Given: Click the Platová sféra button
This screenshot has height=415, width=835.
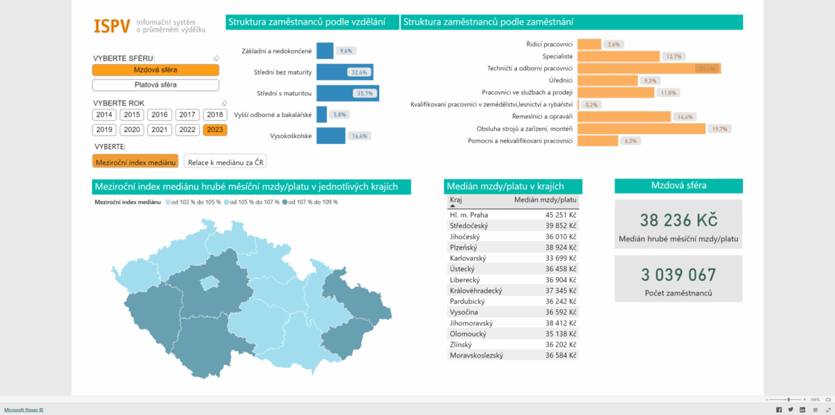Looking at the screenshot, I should click(x=155, y=85).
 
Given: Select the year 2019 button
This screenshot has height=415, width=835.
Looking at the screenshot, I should click(x=104, y=129).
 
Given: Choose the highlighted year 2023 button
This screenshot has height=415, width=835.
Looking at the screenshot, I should click(x=215, y=129).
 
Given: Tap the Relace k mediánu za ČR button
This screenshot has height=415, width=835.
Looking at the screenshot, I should click(x=225, y=161).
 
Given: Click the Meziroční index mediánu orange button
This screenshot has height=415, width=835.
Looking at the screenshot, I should click(x=135, y=161).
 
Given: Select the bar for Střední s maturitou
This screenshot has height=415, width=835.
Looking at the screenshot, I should click(x=347, y=93).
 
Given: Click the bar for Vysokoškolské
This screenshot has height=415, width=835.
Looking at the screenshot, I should click(x=331, y=136).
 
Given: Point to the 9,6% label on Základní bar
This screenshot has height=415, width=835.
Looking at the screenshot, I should click(x=346, y=51).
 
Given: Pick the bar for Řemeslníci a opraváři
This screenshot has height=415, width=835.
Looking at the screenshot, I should click(x=624, y=117).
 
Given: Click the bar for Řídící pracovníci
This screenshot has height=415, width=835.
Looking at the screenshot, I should click(x=589, y=44).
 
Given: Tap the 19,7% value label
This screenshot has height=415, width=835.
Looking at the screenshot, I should click(x=717, y=129).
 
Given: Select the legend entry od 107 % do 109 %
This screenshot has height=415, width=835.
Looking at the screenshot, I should click(x=311, y=202).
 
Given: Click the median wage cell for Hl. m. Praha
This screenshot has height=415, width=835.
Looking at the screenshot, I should click(x=561, y=215).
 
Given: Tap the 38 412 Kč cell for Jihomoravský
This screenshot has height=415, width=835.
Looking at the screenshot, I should click(x=561, y=323).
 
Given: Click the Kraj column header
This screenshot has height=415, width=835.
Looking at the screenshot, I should click(x=456, y=200).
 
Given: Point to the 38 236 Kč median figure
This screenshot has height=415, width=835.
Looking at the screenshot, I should click(x=678, y=220).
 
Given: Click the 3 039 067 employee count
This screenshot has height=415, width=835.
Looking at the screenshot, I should click(x=678, y=275).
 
